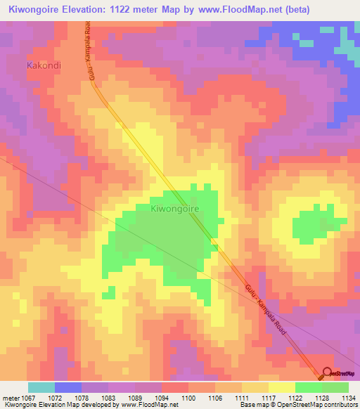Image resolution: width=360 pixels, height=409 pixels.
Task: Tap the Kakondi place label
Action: [x=44, y=65]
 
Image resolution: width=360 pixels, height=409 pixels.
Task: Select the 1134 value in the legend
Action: [x=348, y=398]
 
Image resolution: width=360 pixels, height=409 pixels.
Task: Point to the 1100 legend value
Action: [x=188, y=398]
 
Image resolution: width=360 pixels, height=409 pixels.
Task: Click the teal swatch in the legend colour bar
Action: [x=41, y=387]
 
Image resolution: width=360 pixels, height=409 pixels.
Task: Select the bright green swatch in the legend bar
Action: [x=308, y=387]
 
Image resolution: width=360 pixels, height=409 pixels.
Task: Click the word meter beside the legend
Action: [x=12, y=398]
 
